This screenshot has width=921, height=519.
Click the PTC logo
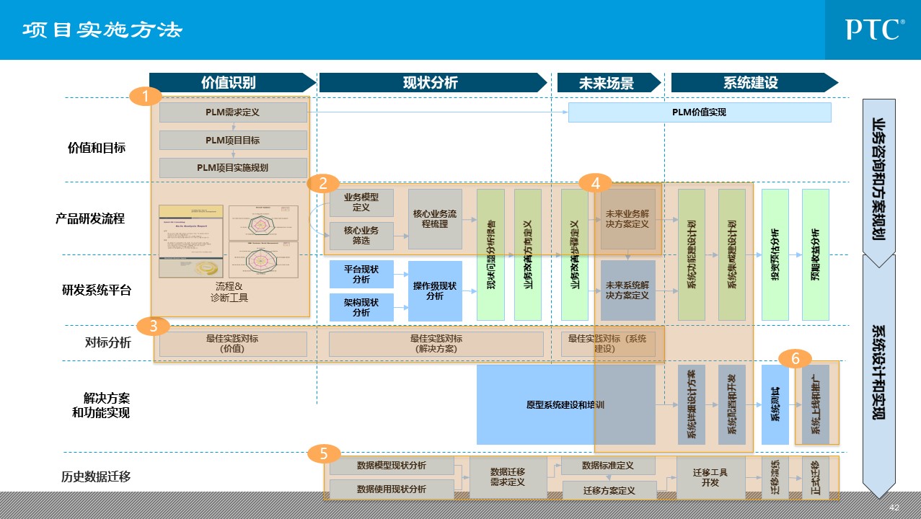(x=875, y=30)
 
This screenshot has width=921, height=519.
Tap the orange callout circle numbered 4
(x=595, y=183)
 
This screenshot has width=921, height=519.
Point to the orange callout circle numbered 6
(x=796, y=358)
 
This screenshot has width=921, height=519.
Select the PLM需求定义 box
(x=233, y=112)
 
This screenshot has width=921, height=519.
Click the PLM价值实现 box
(x=699, y=112)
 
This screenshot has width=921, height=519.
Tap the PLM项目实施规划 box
(x=233, y=168)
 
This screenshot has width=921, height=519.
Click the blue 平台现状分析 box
(x=361, y=274)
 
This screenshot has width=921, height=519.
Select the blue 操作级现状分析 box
(x=435, y=290)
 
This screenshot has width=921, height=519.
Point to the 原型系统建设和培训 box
(x=565, y=405)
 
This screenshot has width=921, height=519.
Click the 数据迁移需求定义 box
(x=507, y=477)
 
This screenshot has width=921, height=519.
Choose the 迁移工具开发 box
(x=710, y=477)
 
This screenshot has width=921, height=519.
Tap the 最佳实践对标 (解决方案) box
(x=436, y=344)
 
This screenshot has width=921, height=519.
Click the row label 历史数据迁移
(x=96, y=476)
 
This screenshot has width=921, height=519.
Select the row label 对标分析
(x=107, y=343)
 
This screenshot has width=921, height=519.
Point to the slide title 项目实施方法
(x=102, y=30)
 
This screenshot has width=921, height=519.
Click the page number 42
(x=894, y=507)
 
